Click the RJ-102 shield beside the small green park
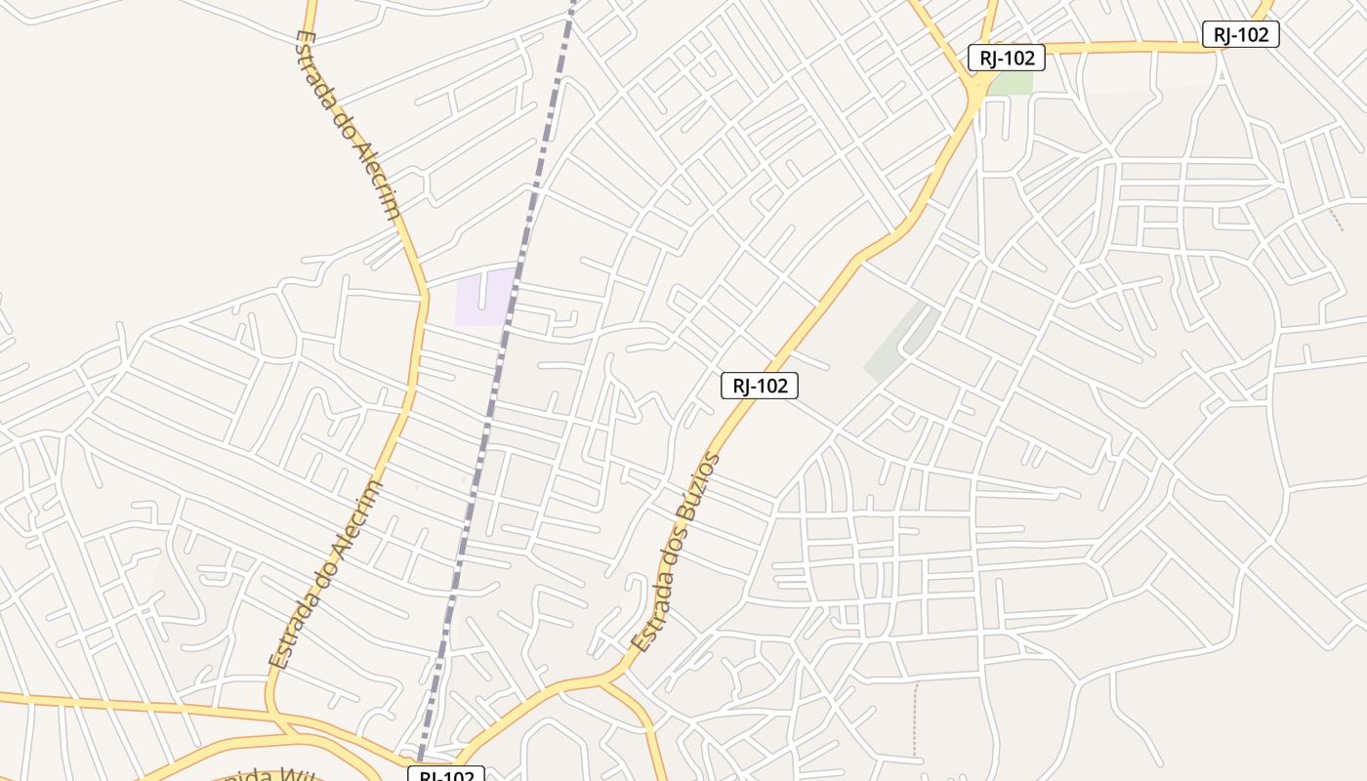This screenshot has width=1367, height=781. [x=1007, y=58]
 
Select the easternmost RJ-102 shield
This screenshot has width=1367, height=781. [x=1240, y=34]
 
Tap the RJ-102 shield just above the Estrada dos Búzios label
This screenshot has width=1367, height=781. [x=760, y=386]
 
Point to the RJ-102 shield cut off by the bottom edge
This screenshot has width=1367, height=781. [x=445, y=775]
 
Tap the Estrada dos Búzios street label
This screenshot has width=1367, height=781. [x=677, y=554]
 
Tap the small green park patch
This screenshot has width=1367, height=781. [x=1013, y=83]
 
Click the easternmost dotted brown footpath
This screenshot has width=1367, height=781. [x=1337, y=220]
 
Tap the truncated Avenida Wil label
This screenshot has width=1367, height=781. [x=264, y=775]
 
